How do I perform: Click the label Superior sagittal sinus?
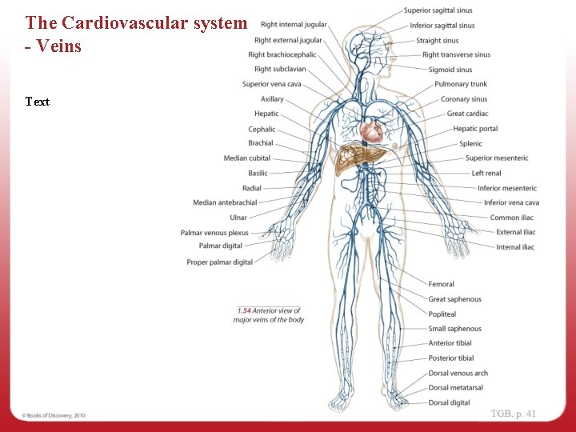(x=438, y=10)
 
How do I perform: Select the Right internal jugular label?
(x=294, y=25)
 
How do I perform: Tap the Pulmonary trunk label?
(x=461, y=84)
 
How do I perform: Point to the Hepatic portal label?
(x=475, y=129)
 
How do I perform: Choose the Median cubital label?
(x=247, y=158)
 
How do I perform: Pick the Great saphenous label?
(x=454, y=299)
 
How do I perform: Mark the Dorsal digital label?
(x=449, y=402)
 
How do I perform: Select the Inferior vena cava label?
(x=511, y=202)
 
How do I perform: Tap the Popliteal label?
(x=442, y=314)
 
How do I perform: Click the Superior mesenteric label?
(x=497, y=158)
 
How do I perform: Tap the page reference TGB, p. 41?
(x=513, y=414)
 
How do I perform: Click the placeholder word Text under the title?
(x=37, y=102)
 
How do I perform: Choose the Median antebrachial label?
(x=225, y=202)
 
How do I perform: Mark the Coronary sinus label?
(x=463, y=99)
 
